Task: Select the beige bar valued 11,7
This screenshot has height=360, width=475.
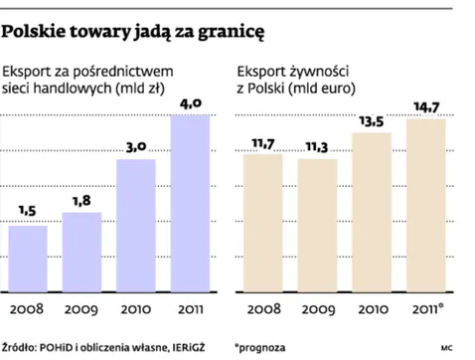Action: click(262, 224)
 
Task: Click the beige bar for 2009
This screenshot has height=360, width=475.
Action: click(318, 226)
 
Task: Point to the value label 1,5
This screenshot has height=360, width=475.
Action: click(29, 212)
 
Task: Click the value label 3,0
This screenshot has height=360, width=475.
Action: click(137, 146)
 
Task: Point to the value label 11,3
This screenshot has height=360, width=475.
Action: click(318, 146)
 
